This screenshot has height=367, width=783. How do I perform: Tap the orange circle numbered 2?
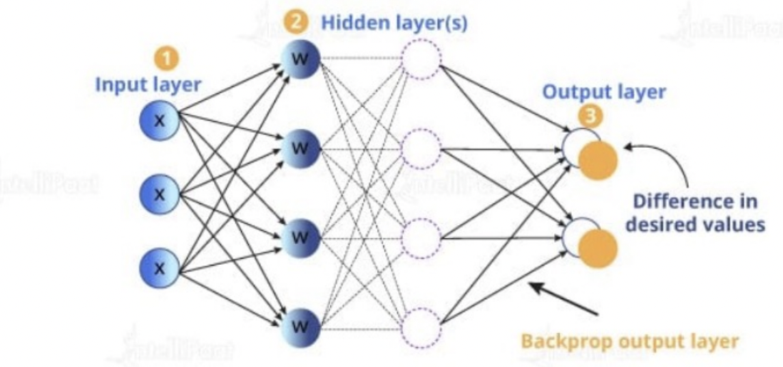[x=299, y=23]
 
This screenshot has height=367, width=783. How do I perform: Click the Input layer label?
[x=148, y=84]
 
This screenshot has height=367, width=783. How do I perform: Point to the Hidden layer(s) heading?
[x=394, y=23]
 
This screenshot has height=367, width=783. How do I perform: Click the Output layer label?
[x=604, y=91]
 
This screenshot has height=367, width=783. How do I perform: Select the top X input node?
[x=158, y=120]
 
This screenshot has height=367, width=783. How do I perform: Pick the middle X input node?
[x=158, y=193]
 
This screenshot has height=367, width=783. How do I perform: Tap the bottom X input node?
[x=158, y=268]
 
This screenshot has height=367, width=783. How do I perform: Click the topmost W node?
[x=300, y=59]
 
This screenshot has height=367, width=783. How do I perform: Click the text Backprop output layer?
[x=630, y=341]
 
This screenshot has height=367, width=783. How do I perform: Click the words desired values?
[x=695, y=224]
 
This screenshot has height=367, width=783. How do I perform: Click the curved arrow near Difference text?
[x=667, y=161]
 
